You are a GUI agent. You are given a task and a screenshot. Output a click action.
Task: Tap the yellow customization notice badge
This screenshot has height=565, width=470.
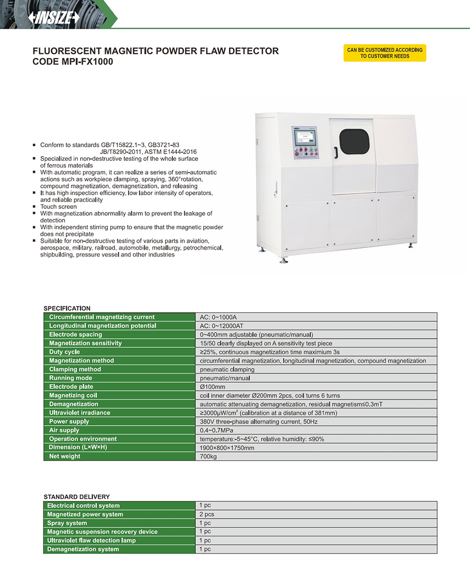click(x=384, y=53)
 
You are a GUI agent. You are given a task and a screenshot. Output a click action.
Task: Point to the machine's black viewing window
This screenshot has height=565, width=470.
click(x=354, y=142)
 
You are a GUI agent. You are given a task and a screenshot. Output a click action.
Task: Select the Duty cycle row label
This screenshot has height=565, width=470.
click(x=64, y=352)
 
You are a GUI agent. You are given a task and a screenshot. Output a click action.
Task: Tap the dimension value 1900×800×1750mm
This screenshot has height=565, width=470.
click(x=227, y=448)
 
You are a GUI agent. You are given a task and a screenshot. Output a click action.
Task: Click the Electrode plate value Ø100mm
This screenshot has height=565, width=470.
click(x=213, y=387)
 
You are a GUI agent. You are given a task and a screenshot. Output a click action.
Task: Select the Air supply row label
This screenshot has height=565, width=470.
click(x=64, y=430)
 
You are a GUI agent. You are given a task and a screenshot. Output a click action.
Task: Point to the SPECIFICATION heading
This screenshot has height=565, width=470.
click(x=67, y=309)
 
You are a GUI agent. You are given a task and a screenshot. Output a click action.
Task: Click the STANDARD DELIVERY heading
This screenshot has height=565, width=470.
click(x=76, y=497)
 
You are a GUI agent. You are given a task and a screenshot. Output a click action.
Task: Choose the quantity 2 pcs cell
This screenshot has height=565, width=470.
click(x=206, y=514)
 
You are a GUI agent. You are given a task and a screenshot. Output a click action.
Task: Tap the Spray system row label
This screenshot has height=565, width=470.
click(x=67, y=523)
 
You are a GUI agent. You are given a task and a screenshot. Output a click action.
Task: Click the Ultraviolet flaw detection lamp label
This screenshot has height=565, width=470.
click(x=91, y=540)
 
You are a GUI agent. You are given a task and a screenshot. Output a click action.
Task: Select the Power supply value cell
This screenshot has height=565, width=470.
click(x=258, y=422)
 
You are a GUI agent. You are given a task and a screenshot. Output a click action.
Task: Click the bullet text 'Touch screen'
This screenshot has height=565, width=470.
click(x=58, y=207)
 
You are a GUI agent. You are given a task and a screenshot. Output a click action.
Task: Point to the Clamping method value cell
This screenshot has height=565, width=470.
click(x=227, y=370)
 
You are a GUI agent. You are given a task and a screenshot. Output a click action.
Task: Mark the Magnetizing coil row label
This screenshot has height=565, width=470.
click(x=73, y=395)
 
